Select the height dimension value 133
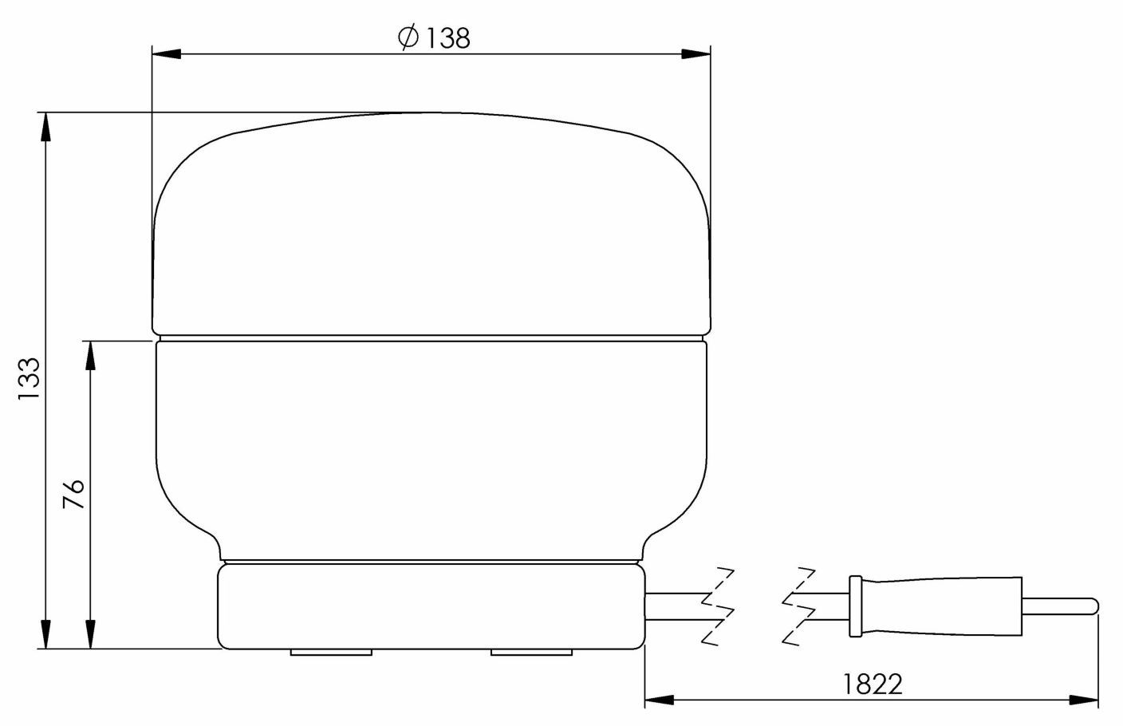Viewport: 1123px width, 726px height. click(30, 381)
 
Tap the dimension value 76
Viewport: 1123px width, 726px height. click(73, 495)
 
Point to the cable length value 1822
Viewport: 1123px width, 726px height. click(872, 684)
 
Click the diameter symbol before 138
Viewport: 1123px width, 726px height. click(408, 37)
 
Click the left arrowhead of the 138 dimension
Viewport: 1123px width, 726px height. click(164, 54)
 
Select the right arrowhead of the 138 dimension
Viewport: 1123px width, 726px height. click(696, 54)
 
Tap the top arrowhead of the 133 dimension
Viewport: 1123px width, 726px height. click(45, 126)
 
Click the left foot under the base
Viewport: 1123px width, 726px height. click(331, 653)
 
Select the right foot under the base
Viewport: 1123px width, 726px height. click(531, 653)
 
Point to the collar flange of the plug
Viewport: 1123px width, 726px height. click(856, 606)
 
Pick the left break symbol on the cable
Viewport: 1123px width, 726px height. click(718, 606)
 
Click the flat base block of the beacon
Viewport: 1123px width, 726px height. click(431, 606)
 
